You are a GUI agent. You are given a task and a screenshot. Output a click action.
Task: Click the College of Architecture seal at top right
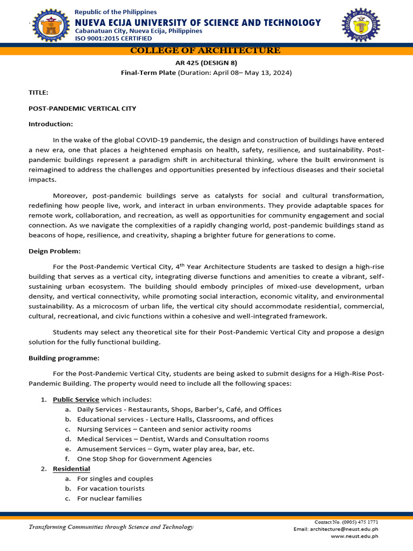(360, 26)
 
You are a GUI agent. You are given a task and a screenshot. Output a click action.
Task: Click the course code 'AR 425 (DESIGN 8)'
(206, 62)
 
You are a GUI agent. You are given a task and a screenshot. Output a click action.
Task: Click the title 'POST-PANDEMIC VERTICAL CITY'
(82, 108)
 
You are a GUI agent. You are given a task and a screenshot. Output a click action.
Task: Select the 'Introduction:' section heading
(51, 124)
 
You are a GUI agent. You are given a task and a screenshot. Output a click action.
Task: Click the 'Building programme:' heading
(64, 358)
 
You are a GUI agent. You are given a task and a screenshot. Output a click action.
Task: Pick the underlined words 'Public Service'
(76, 399)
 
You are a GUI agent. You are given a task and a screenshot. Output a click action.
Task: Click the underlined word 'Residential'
(72, 469)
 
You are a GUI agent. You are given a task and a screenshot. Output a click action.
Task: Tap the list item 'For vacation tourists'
(111, 489)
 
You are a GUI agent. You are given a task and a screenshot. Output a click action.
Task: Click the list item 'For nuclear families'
(109, 498)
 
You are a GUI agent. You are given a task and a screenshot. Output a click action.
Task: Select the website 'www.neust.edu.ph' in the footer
(354, 536)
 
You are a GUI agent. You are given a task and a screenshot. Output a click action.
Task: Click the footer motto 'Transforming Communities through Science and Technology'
(110, 527)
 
